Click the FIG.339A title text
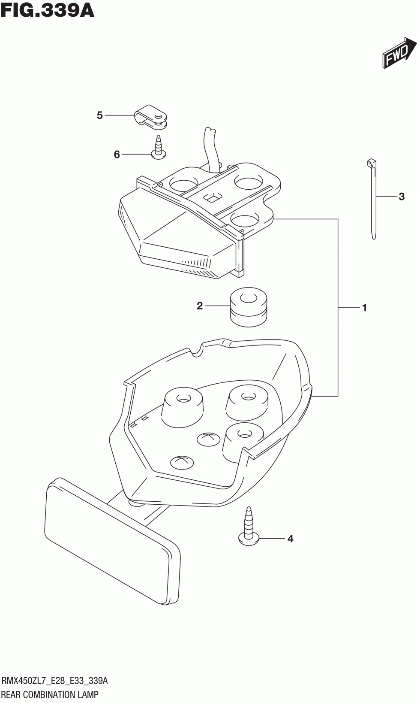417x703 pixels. [x=47, y=10]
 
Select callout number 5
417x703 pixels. [x=100, y=115]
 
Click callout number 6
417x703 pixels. [x=117, y=155]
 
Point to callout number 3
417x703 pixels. [x=401, y=197]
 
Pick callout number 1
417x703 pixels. [x=364, y=308]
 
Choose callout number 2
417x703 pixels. [x=200, y=306]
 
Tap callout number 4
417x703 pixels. [x=290, y=539]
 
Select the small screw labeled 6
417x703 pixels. [x=159, y=148]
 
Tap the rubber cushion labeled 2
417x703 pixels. [x=248, y=307]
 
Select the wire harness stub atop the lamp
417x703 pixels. [x=212, y=148]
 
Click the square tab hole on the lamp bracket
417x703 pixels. [x=212, y=197]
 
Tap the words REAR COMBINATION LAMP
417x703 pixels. [x=50, y=694]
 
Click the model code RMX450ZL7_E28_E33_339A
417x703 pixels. [x=54, y=681]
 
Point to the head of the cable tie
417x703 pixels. [x=371, y=163]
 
